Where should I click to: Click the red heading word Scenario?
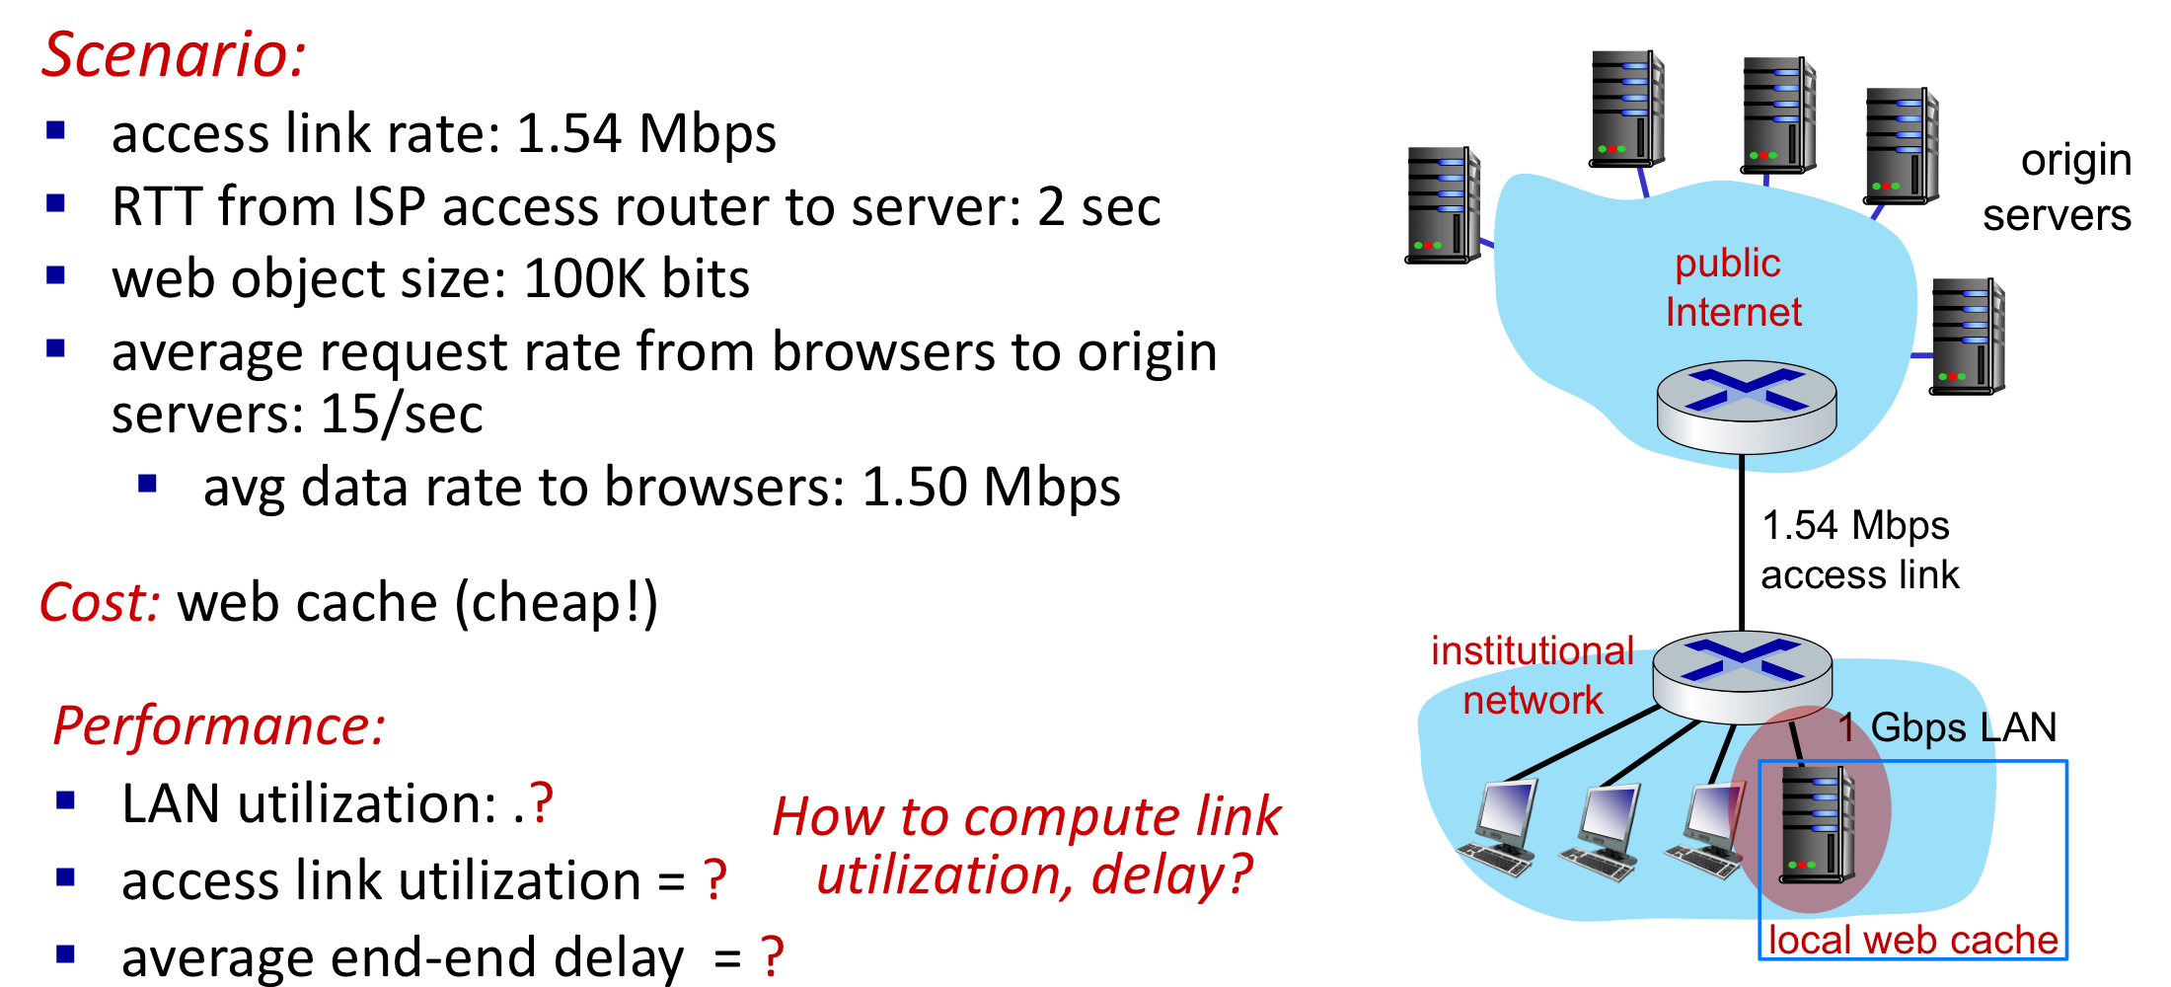(x=173, y=54)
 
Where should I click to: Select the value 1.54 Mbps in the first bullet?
(x=645, y=133)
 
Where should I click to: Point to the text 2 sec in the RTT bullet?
(x=1098, y=207)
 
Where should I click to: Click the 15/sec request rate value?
(x=402, y=415)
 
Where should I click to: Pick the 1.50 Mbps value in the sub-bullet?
(x=991, y=488)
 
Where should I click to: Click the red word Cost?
(x=100, y=603)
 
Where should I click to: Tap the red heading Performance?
(x=218, y=726)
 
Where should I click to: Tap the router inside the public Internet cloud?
(x=1746, y=406)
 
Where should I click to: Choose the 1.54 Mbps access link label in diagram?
(x=1858, y=550)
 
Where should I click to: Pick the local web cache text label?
(x=1912, y=940)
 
